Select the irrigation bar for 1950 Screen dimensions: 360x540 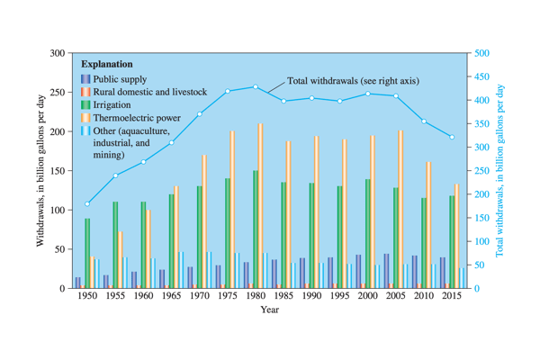[87, 253]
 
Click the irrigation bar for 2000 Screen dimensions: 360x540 [368, 233]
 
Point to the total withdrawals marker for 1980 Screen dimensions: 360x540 [256, 87]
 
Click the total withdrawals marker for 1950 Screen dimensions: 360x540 [87, 204]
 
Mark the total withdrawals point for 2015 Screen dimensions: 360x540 [452, 138]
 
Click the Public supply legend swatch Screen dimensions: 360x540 [85, 78]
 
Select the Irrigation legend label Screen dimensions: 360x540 [112, 105]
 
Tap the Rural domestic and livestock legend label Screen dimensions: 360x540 [149, 92]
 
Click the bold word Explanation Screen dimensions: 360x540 [106, 65]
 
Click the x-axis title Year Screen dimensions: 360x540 [269, 310]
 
